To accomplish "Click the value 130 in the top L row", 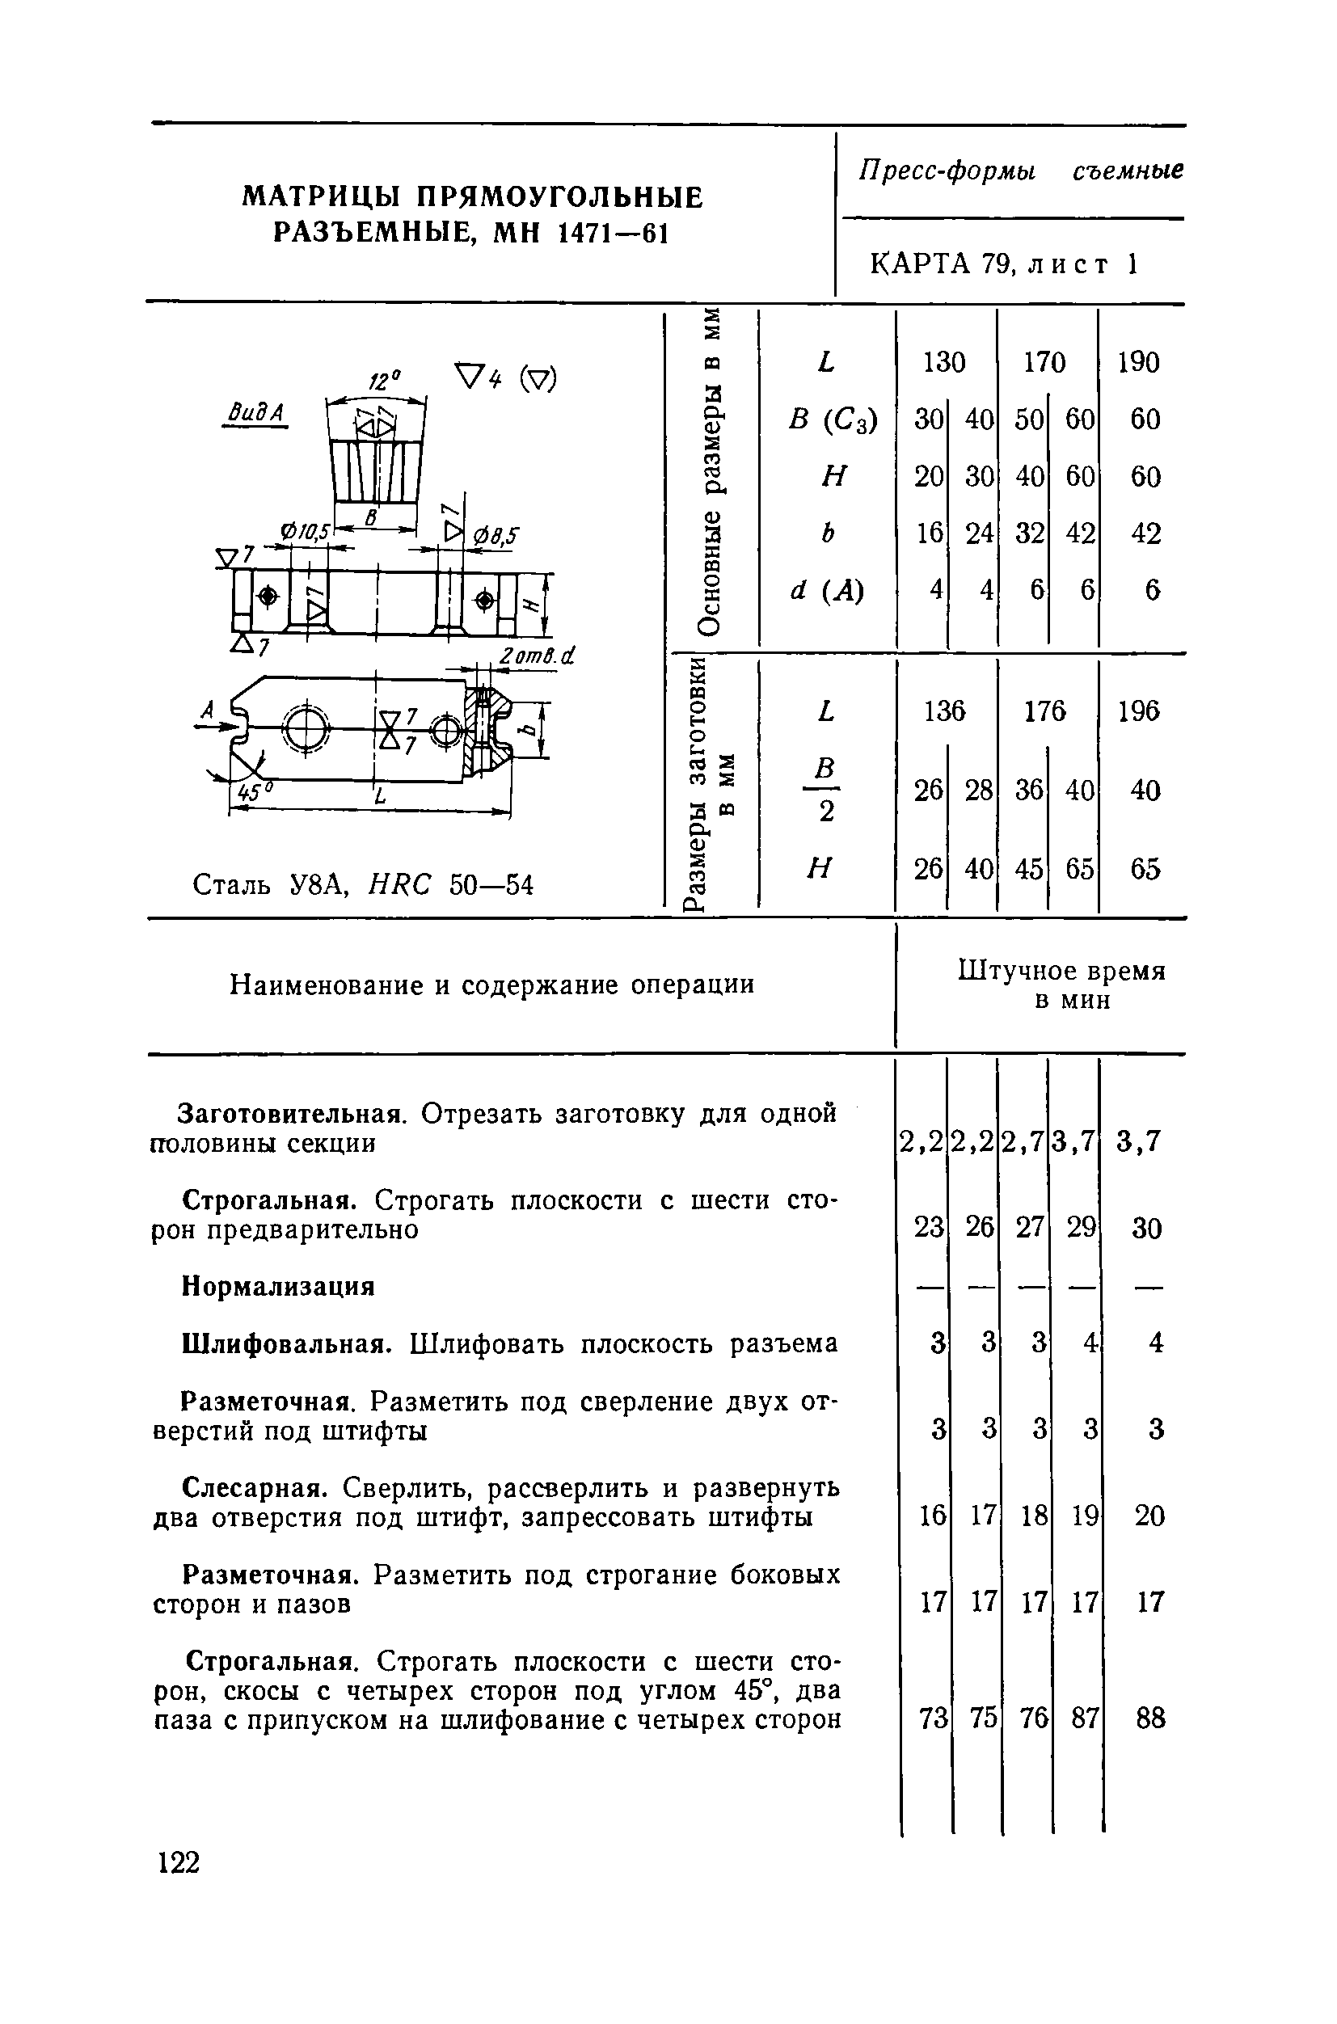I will coord(944,362).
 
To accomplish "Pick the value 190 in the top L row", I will coord(1138,362).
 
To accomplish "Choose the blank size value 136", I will coord(945,711).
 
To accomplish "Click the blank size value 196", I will coord(1139,711).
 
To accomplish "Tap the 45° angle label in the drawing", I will coord(251,792).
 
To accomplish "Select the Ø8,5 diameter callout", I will coord(496,535).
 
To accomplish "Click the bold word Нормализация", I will coord(279,1286).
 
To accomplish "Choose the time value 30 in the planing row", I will coord(1147,1229).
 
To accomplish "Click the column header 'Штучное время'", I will coord(1061,971).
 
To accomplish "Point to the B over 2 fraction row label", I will coord(825,791).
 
